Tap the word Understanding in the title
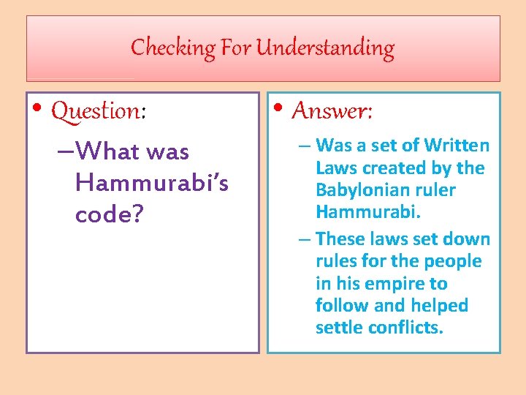(x=326, y=48)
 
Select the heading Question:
(x=99, y=111)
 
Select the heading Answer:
(x=332, y=111)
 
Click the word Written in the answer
(x=457, y=146)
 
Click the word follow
(x=338, y=306)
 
